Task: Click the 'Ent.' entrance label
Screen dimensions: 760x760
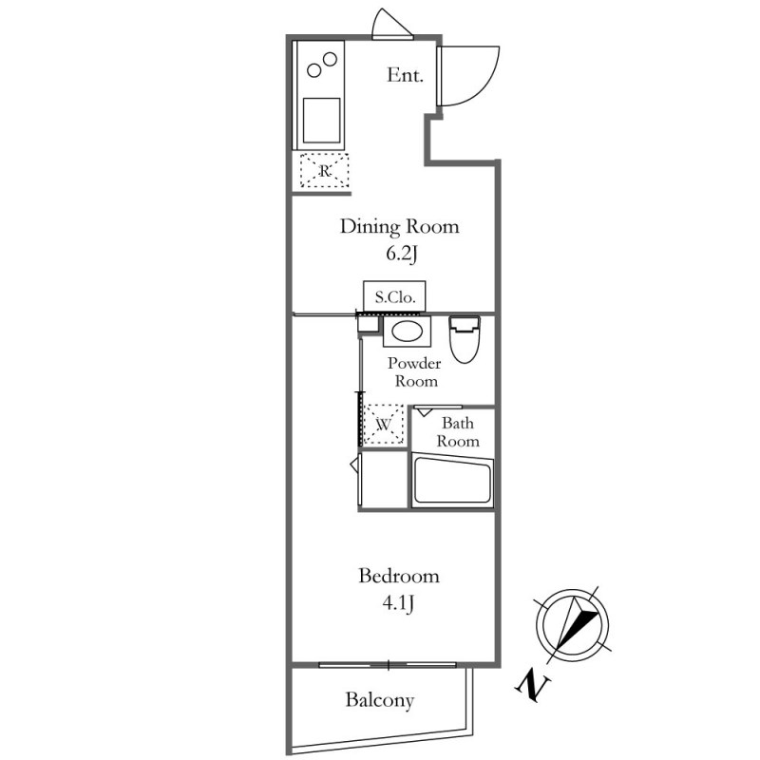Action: [x=405, y=75]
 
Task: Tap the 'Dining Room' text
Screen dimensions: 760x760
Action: [x=399, y=227]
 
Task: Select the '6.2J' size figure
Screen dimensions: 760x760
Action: [x=401, y=254]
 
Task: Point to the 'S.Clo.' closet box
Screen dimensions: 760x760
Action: [x=394, y=296]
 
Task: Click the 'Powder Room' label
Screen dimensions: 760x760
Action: [x=414, y=372]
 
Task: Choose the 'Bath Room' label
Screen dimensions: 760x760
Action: [x=458, y=432]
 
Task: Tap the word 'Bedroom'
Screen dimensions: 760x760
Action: [x=399, y=576]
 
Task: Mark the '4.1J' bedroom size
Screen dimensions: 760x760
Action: [x=398, y=603]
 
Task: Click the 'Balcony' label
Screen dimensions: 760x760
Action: [x=379, y=700]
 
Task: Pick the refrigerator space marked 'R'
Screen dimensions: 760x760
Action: [x=324, y=171]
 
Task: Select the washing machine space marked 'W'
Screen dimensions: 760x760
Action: [x=383, y=425]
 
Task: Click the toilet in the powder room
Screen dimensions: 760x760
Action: [x=465, y=339]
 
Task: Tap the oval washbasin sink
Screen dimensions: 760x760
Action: [x=407, y=332]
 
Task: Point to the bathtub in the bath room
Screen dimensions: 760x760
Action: [x=452, y=481]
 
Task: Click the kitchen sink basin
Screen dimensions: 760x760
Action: [x=321, y=121]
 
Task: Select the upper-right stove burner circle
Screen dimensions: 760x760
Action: [x=330, y=59]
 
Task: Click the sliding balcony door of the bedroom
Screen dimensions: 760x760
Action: [x=388, y=665]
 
